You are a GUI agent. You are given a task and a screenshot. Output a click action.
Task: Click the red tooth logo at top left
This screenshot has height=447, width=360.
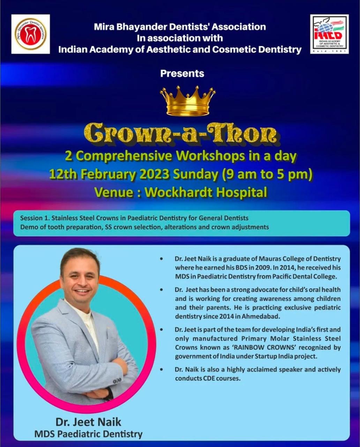[30, 34]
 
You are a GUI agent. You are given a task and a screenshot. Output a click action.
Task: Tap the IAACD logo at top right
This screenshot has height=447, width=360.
[330, 34]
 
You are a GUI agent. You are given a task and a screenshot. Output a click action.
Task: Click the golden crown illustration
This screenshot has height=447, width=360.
[188, 100]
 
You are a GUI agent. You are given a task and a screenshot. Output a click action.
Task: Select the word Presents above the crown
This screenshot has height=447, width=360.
[182, 74]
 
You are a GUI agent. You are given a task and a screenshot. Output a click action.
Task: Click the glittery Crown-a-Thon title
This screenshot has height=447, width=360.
[180, 135]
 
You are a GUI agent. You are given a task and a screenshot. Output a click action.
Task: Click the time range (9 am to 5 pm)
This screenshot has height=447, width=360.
[267, 175]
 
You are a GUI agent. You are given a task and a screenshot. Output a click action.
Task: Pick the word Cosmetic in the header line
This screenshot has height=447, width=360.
[236, 50]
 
